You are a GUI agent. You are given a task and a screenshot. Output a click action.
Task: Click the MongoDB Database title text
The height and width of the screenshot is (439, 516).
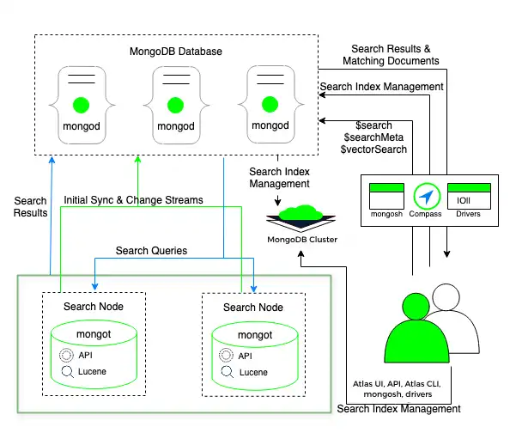click(x=176, y=52)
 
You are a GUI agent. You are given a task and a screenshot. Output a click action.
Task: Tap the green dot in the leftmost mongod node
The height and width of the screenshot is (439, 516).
click(x=82, y=106)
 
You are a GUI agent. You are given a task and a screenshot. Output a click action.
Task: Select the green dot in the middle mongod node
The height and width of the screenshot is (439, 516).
click(x=176, y=106)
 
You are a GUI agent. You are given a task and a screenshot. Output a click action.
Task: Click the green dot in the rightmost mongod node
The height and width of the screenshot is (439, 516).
click(x=270, y=106)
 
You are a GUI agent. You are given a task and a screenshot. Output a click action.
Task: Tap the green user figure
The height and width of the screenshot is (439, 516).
click(x=416, y=331)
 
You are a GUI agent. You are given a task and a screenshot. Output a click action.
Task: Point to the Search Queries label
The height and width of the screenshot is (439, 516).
click(x=152, y=251)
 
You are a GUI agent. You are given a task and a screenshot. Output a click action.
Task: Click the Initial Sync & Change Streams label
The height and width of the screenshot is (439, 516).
click(x=134, y=200)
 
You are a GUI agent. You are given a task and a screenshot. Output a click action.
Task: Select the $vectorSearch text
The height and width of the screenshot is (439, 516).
click(x=373, y=149)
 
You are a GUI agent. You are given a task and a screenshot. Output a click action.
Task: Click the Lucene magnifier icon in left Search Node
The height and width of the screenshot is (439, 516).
click(x=67, y=372)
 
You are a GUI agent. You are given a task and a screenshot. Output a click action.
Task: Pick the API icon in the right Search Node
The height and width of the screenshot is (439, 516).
click(x=226, y=356)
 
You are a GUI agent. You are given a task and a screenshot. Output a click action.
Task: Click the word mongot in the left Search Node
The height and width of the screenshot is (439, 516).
click(x=93, y=333)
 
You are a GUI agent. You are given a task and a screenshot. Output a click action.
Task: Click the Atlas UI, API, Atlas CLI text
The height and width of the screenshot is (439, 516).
click(x=402, y=383)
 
